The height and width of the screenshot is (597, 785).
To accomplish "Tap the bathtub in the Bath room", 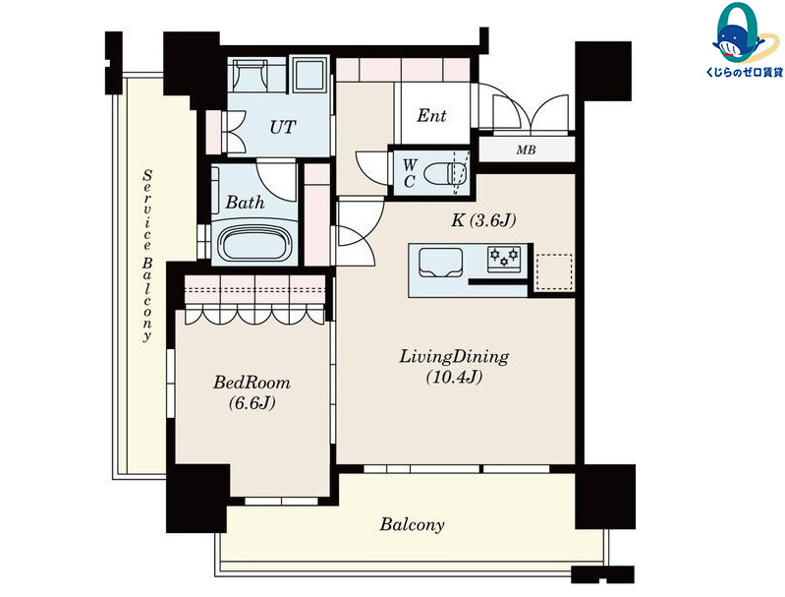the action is (x=254, y=243).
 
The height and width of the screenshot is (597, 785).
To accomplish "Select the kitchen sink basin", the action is (x=440, y=263).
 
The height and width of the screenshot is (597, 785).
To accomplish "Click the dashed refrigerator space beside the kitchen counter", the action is (x=554, y=271).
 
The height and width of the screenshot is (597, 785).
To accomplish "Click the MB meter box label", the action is (x=527, y=149).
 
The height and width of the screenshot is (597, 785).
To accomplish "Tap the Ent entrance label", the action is (x=431, y=116).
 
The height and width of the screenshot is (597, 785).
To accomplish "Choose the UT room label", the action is (x=282, y=127).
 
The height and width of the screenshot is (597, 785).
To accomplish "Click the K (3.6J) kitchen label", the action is (x=483, y=220).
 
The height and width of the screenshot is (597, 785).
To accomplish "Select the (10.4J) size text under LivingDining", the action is (x=454, y=377).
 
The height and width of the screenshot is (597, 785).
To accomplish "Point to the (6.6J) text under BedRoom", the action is (x=252, y=402).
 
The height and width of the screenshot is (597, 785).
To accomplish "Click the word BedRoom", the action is (x=252, y=383).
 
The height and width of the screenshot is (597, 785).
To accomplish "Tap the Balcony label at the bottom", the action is (x=412, y=525).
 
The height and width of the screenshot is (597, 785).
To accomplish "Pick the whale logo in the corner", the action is (x=738, y=34).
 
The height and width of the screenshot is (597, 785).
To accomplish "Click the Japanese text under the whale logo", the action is (x=744, y=73).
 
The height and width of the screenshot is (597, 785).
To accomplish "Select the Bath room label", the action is (x=245, y=202).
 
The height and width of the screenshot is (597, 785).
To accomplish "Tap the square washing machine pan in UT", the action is (x=309, y=74).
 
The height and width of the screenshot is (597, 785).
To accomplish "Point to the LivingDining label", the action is (x=454, y=357).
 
